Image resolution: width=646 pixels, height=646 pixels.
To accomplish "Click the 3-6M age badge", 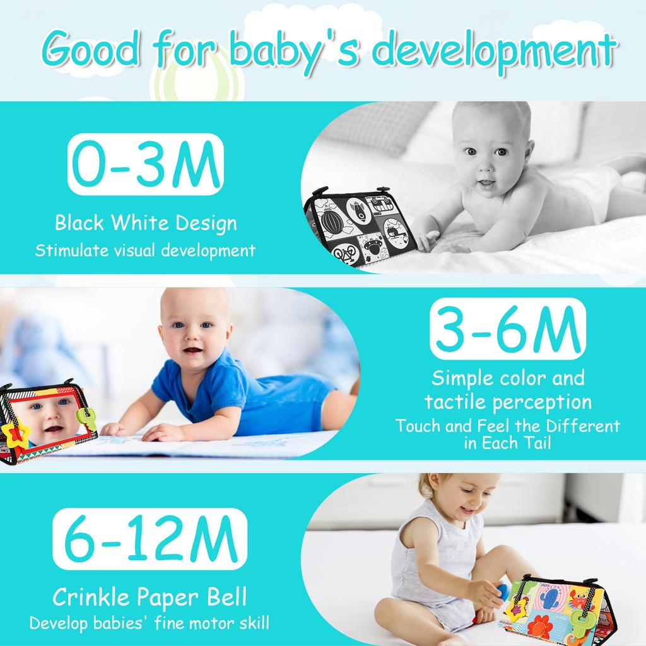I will [x=507, y=329].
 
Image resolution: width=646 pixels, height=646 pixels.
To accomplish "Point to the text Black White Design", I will [x=145, y=223].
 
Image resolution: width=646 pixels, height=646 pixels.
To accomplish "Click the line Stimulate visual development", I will [x=145, y=250].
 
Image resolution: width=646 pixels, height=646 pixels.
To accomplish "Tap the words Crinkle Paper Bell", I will [x=149, y=596].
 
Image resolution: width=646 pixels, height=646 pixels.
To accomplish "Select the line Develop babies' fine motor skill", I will [x=149, y=623].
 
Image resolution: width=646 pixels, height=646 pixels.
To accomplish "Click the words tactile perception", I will [x=508, y=401].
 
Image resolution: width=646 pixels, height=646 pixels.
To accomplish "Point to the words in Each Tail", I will [x=508, y=442].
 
